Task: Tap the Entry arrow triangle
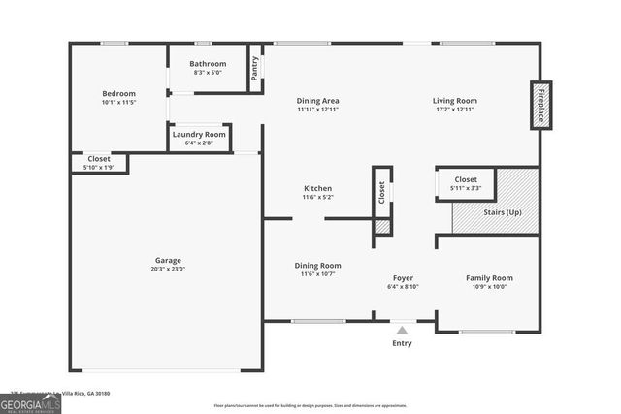click(402, 331)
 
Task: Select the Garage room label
click(168, 260)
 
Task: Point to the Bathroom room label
click(208, 64)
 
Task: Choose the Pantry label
click(254, 70)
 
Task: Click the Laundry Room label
click(200, 134)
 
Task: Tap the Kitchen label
click(317, 188)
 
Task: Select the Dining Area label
click(317, 101)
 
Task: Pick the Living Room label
click(454, 101)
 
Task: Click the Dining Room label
click(317, 266)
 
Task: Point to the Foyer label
click(403, 278)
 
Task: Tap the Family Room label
click(489, 278)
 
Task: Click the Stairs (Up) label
click(501, 211)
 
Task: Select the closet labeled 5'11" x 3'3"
click(466, 183)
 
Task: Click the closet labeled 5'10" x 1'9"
click(98, 163)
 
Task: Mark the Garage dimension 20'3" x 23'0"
click(168, 269)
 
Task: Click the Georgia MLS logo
click(30, 403)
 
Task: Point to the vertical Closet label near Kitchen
click(381, 193)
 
